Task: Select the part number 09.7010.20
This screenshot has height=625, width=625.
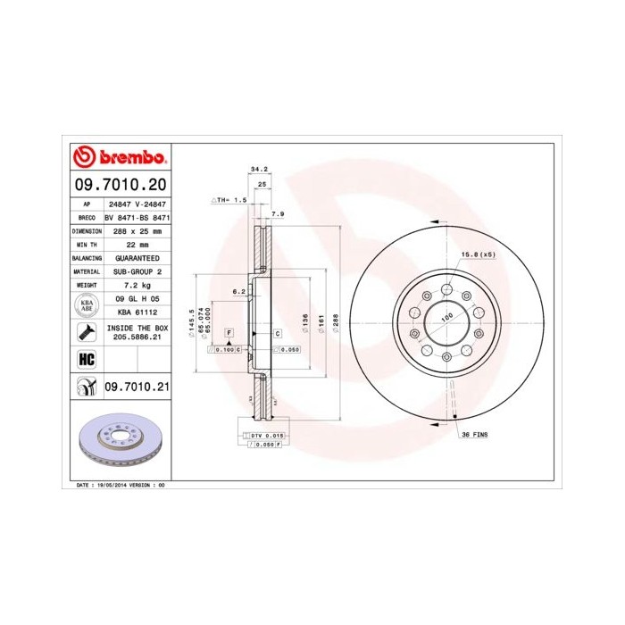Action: (119, 185)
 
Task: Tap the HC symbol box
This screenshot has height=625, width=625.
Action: (87, 360)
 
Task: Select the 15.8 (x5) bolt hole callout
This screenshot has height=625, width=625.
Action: (477, 255)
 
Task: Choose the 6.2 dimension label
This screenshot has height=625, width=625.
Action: (237, 292)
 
